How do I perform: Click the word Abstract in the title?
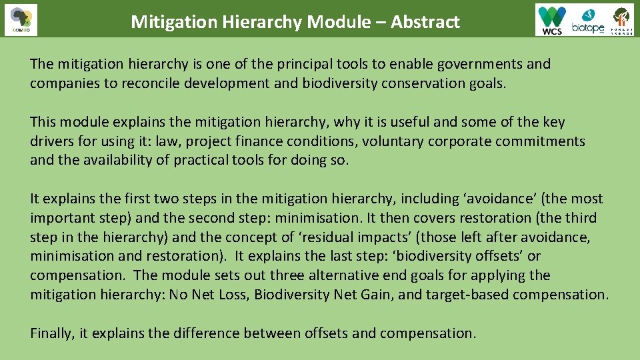(x=425, y=22)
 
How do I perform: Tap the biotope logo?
(x=587, y=20)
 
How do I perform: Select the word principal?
(x=287, y=64)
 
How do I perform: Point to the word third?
(x=581, y=218)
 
